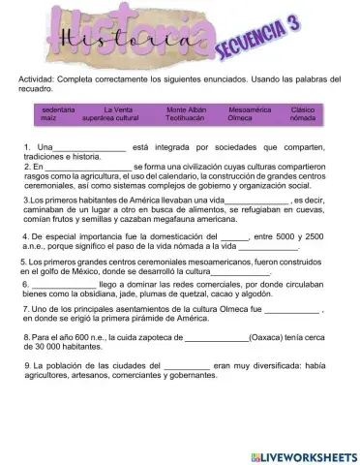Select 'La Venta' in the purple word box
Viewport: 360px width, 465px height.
coord(118,109)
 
